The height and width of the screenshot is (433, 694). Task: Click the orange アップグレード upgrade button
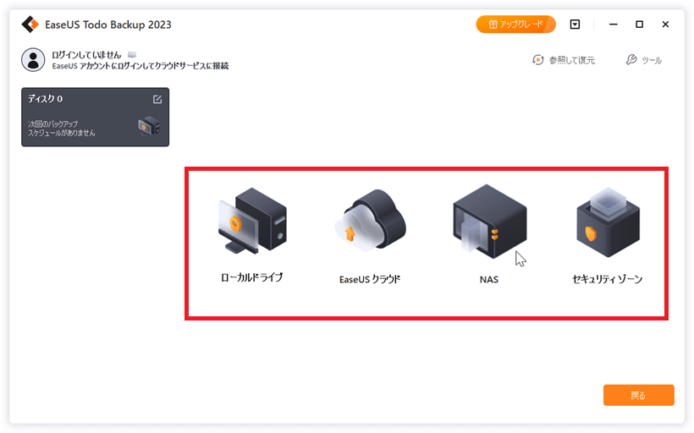tap(515, 25)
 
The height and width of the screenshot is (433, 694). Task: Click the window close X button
tap(665, 25)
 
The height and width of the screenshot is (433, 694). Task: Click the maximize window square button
tap(639, 25)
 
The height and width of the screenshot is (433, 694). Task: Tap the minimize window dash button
tap(613, 25)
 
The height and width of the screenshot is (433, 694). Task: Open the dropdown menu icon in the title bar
tap(575, 25)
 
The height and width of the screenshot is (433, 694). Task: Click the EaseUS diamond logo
tap(30, 25)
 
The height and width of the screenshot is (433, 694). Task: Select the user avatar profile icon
tap(33, 60)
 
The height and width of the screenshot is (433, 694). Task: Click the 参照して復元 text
tap(572, 60)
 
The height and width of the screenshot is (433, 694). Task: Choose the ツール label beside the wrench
tap(652, 60)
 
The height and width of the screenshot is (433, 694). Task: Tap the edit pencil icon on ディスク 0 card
tap(157, 99)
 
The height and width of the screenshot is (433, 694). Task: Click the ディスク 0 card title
tap(45, 99)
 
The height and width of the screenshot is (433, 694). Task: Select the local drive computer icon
tap(253, 220)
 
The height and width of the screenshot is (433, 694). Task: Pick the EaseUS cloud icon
tap(370, 221)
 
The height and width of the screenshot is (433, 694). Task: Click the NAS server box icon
tap(489, 222)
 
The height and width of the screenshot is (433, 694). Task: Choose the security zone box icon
tap(609, 222)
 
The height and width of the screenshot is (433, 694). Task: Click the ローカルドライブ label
tap(252, 277)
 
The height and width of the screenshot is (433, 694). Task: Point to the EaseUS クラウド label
tap(370, 279)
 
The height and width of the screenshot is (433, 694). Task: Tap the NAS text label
tap(489, 280)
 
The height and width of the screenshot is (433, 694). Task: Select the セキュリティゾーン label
tap(608, 279)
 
